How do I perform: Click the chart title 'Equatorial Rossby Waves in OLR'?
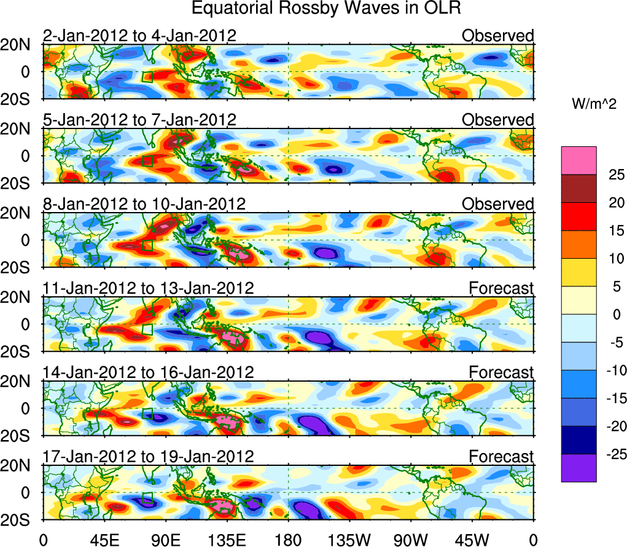325,9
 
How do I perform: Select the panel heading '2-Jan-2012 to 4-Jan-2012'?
139,36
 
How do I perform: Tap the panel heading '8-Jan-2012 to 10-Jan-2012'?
144,204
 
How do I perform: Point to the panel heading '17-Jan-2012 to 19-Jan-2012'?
148,457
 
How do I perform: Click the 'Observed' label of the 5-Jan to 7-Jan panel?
498,120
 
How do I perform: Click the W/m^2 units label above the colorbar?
594,104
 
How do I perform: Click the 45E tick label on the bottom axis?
104,540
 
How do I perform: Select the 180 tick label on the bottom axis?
288,540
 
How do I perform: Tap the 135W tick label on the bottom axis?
349,540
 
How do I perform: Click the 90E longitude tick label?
165,540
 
